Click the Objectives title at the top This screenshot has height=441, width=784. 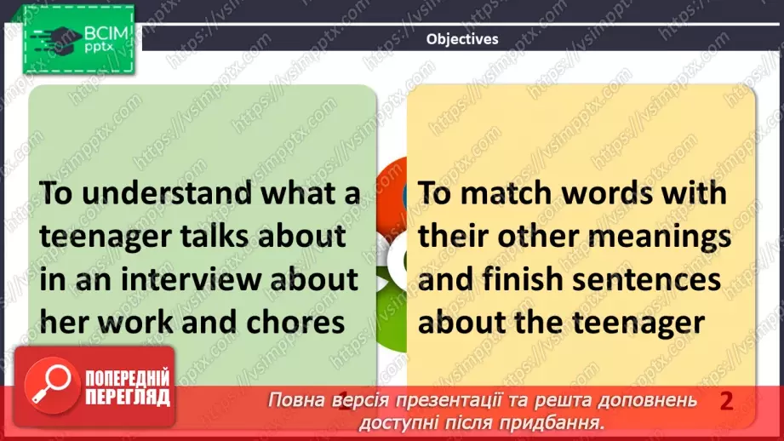tap(462, 38)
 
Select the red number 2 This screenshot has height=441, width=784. tap(726, 401)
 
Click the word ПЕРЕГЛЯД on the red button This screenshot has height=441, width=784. tap(126, 397)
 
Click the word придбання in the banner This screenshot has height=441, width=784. tap(563, 421)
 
